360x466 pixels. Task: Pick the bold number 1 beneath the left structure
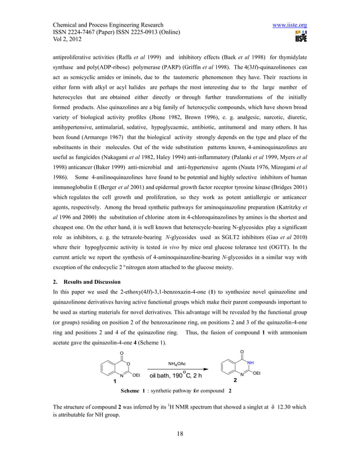pyautogui.click(x=115, y=382)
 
